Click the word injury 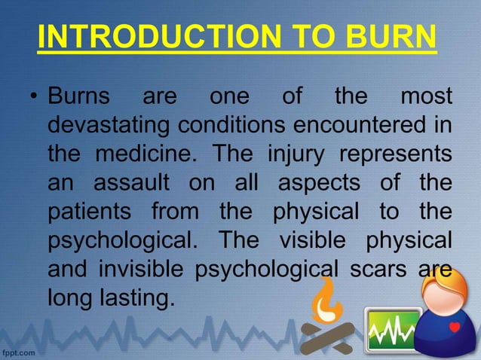tap(297, 154)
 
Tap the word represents tap(397, 154)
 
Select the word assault tap(124, 183)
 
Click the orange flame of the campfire tap(326, 302)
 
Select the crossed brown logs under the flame tap(326, 337)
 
